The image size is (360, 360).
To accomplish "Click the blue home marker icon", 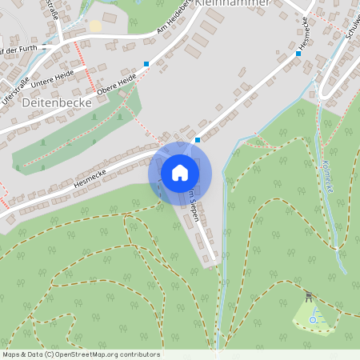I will [x=180, y=173].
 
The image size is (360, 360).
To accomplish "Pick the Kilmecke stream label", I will [x=330, y=178].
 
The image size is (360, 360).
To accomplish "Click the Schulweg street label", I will [x=351, y=27].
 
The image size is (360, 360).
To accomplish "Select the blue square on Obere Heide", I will [x=146, y=64].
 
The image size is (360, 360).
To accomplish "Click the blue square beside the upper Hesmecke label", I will [x=298, y=54].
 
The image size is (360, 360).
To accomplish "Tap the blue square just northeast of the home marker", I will [x=198, y=139].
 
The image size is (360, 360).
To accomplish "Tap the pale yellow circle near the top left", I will [x=95, y=26].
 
